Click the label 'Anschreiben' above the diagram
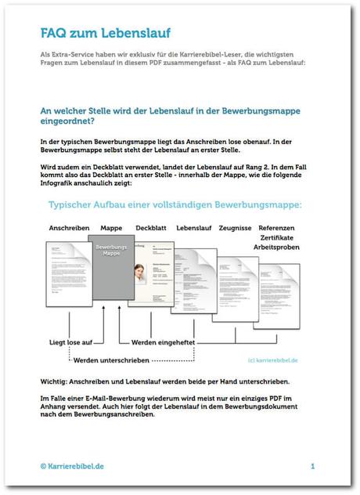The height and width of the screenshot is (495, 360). [69, 228]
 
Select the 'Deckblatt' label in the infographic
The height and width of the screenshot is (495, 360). [151, 228]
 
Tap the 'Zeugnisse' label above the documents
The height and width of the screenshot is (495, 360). [234, 228]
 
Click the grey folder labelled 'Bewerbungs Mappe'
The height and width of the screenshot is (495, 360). [111, 274]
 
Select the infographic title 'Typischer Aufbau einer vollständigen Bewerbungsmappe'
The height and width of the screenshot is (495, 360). [176, 206]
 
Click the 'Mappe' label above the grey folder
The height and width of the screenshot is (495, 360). [110, 228]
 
